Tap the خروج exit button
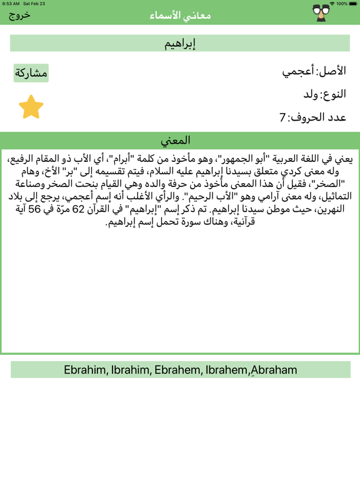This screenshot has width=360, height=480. [19, 15]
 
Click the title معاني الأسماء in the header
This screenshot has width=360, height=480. [180, 16]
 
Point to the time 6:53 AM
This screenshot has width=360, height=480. [11, 4]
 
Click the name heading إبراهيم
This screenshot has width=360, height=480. [180, 43]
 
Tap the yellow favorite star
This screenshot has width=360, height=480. [31, 107]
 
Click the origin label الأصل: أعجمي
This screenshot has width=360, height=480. [314, 71]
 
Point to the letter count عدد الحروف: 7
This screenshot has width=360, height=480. [313, 117]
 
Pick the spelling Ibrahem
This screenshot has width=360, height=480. [227, 370]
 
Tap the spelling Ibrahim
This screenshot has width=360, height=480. [131, 370]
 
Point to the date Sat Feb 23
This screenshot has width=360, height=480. [34, 4]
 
